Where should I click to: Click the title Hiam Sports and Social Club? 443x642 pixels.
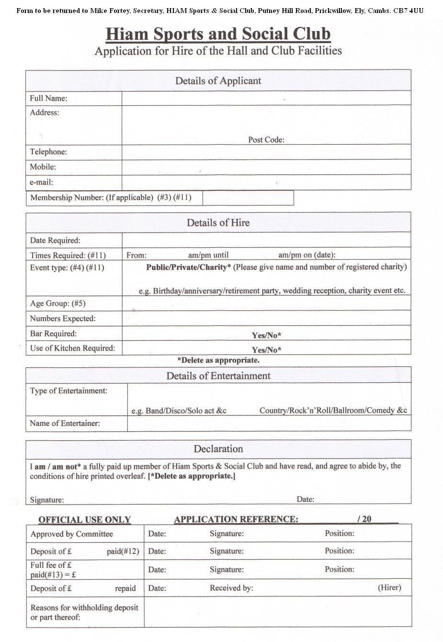pyautogui.click(x=218, y=34)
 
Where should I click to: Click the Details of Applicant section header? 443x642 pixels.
pyautogui.click(x=218, y=80)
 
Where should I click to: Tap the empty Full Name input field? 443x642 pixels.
pyautogui.click(x=266, y=98)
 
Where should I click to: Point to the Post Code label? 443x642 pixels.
pyautogui.click(x=266, y=140)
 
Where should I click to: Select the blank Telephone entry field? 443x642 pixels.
pyautogui.click(x=266, y=152)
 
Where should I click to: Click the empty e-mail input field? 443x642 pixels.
pyautogui.click(x=266, y=182)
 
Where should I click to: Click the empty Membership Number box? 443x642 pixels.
pyautogui.click(x=248, y=198)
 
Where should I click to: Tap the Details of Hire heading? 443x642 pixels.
pyautogui.click(x=218, y=223)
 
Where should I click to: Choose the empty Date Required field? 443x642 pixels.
pyautogui.click(x=266, y=240)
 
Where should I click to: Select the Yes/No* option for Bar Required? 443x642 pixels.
pyautogui.click(x=266, y=335)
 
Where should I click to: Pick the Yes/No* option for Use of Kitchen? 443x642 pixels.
pyautogui.click(x=266, y=350)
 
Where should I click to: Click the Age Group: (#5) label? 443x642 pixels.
pyautogui.click(x=57, y=303)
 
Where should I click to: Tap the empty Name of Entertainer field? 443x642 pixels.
pyautogui.click(x=269, y=424)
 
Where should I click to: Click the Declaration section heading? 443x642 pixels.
pyautogui.click(x=218, y=449)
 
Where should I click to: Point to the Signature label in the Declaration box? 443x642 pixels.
pyautogui.click(x=46, y=500)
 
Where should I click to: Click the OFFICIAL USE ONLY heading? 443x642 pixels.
pyautogui.click(x=84, y=520)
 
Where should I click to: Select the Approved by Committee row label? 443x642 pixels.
pyautogui.click(x=71, y=534)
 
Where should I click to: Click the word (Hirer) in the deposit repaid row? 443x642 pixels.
pyautogui.click(x=389, y=587)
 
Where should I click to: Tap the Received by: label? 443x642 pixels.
pyautogui.click(x=231, y=588)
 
